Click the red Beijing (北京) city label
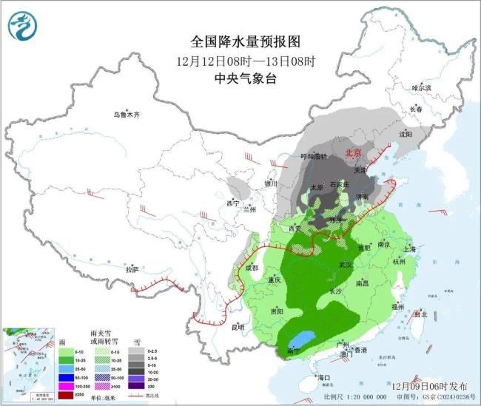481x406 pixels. tap(354, 152)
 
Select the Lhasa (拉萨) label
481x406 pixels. tap(132, 270)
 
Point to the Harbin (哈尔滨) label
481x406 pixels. tap(420, 87)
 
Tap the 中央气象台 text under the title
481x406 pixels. tap(235, 78)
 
